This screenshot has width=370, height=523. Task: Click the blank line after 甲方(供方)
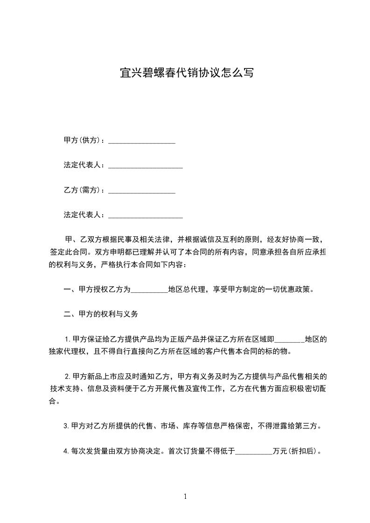(x=142, y=140)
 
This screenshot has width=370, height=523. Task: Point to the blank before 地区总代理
(x=149, y=289)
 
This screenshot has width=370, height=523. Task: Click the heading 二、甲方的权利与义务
(x=101, y=314)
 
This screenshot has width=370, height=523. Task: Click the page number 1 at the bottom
(x=185, y=496)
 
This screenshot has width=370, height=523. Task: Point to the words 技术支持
(x=65, y=389)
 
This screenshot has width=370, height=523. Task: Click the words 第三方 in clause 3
(x=310, y=426)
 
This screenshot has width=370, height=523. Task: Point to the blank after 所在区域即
(x=290, y=339)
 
